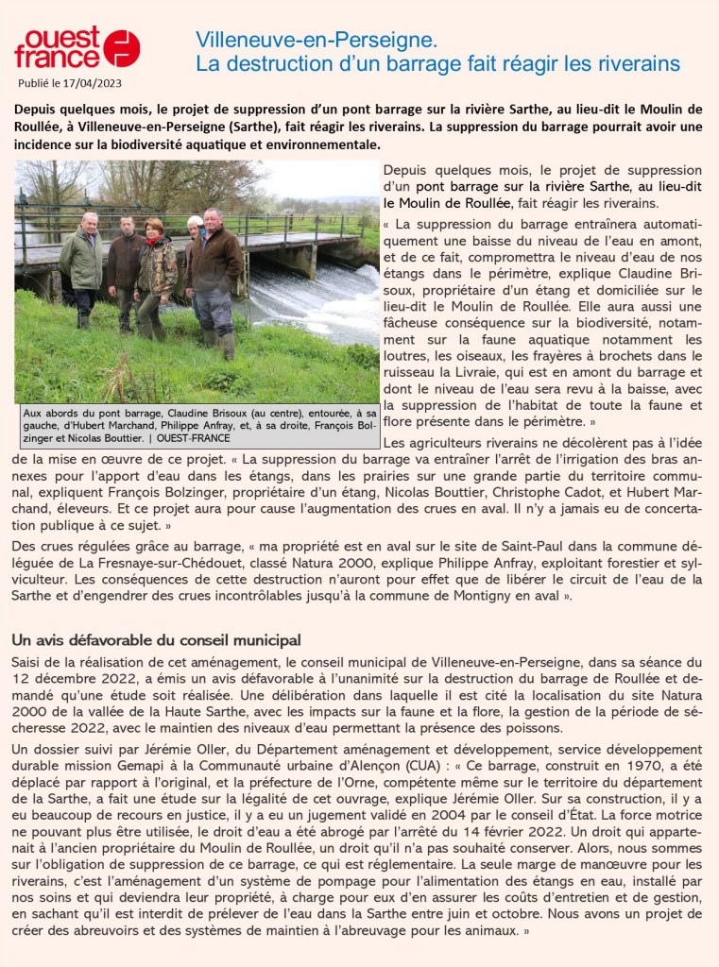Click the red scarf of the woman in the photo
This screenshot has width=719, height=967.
(152, 241)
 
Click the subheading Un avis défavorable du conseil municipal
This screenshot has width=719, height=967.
(156, 640)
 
